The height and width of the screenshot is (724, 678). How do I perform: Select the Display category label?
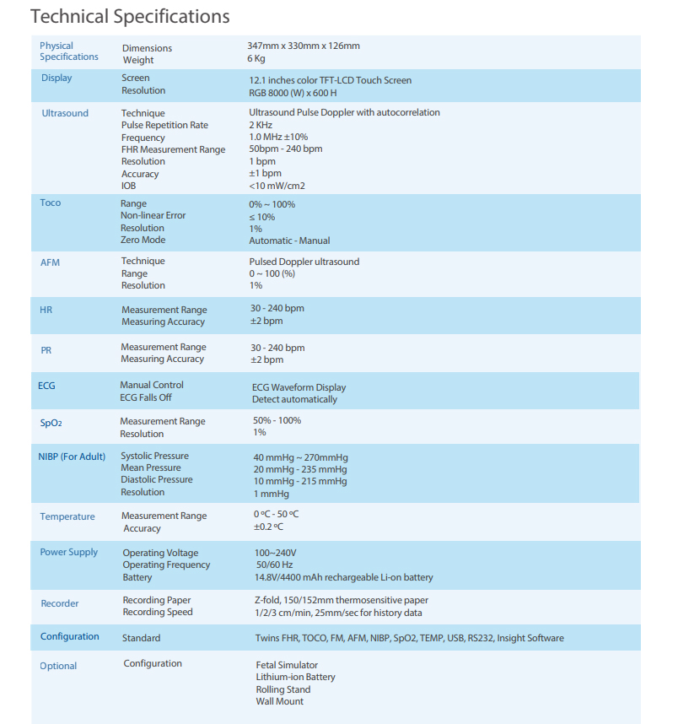pyautogui.click(x=56, y=78)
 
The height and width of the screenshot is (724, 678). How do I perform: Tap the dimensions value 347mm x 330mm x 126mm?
pyautogui.click(x=304, y=46)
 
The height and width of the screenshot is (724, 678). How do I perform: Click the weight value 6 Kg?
pyautogui.click(x=256, y=58)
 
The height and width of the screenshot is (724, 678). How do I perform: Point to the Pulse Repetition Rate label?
pyautogui.click(x=164, y=125)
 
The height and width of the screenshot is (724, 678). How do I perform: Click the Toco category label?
pyautogui.click(x=51, y=203)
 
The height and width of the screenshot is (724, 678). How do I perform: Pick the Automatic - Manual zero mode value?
pyautogui.click(x=289, y=240)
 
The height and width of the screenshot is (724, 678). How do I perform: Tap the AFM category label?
pyautogui.click(x=51, y=262)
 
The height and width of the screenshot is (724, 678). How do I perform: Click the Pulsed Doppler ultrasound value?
pyautogui.click(x=304, y=262)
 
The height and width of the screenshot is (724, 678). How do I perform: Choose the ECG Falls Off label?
pyautogui.click(x=146, y=397)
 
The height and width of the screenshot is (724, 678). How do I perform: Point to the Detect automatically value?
pyautogui.click(x=294, y=399)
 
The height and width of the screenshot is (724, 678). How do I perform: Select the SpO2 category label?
pyautogui.click(x=51, y=422)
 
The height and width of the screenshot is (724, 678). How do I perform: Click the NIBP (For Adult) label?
pyautogui.click(x=72, y=457)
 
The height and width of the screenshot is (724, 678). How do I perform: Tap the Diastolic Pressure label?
pyautogui.click(x=157, y=479)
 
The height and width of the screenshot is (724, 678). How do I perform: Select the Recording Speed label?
pyautogui.click(x=158, y=612)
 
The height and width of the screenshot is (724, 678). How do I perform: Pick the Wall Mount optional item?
pyautogui.click(x=280, y=701)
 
